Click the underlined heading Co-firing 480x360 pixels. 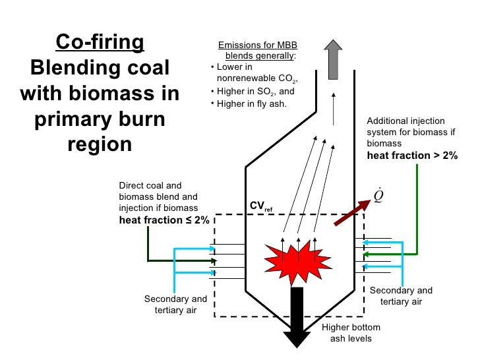coord(100,42)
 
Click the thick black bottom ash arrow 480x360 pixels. coord(297,316)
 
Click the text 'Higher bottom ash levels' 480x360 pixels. coord(350,333)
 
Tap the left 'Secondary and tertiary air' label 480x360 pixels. coord(175,305)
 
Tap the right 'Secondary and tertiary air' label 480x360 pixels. coord(401,296)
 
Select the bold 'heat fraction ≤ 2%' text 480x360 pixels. coord(164,220)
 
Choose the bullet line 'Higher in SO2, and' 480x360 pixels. coord(255,92)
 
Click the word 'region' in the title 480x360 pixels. coord(100,144)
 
